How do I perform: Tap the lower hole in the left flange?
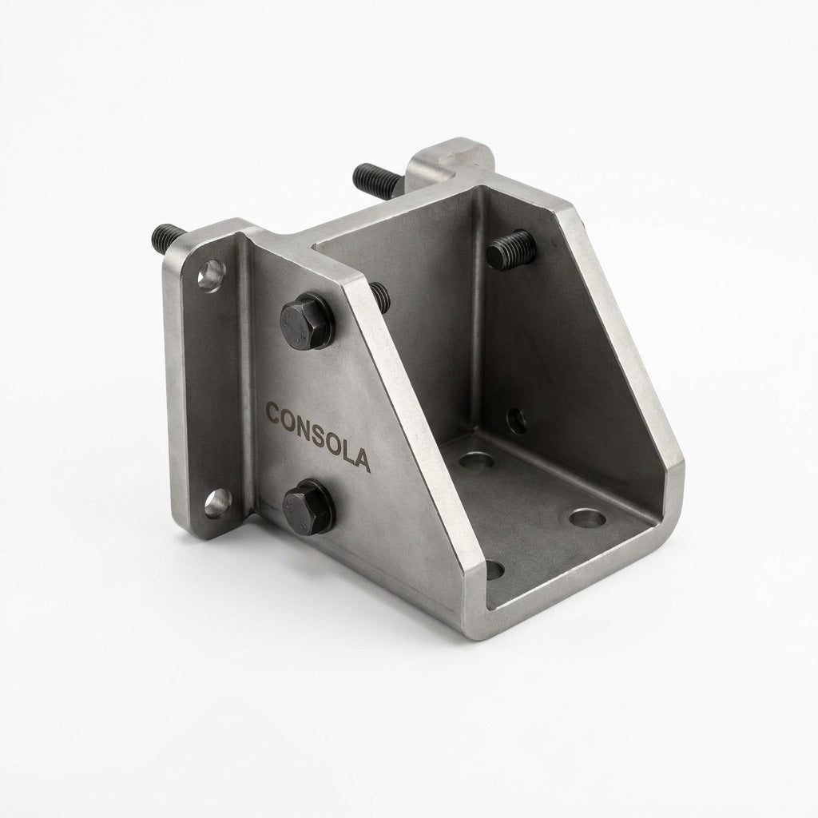[216, 503]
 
